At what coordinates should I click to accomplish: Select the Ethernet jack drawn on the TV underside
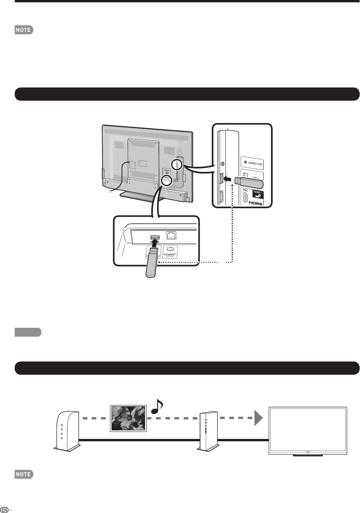coord(170,235)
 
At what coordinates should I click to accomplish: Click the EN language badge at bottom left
coord(4,509)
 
